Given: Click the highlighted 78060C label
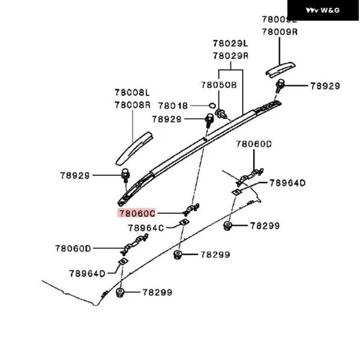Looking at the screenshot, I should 137,213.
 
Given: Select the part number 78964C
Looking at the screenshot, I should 146,228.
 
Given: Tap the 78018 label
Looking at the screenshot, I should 173,106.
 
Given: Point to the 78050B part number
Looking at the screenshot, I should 218,85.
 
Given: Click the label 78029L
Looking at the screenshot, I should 230,44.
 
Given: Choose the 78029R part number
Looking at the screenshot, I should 230,56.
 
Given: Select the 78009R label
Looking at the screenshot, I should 280,31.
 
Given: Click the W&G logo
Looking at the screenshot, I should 323,10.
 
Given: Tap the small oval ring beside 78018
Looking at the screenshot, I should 212,106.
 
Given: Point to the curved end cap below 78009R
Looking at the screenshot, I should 283,68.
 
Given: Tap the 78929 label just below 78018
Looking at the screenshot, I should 166,119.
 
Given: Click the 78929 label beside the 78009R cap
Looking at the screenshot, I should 325,86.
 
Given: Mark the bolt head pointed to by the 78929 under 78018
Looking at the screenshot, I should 209,121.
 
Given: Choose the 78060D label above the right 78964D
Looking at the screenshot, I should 254,144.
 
